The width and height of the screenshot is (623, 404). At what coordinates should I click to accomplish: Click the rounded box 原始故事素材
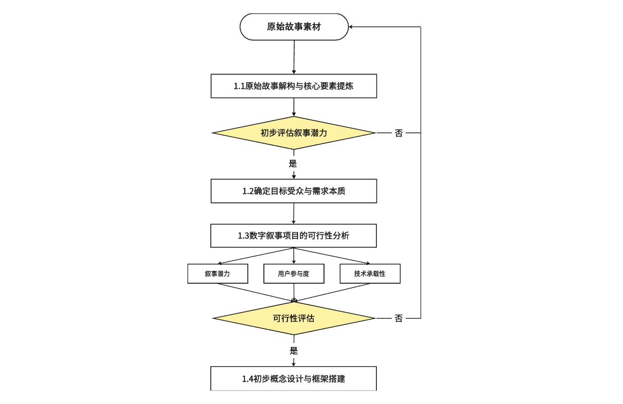tap(294, 27)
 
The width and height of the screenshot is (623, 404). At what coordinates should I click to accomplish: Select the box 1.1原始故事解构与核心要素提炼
tap(294, 86)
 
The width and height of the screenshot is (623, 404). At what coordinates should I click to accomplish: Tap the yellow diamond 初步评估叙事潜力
tap(294, 133)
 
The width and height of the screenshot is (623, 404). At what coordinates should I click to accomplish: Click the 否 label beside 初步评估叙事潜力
tap(399, 133)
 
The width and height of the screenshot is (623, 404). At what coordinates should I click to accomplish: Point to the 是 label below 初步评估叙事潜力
tap(293, 164)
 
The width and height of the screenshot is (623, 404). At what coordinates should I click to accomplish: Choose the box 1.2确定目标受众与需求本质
tap(294, 191)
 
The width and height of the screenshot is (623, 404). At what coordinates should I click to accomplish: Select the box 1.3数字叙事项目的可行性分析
tap(294, 236)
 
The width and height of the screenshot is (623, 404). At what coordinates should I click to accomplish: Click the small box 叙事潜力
tap(217, 274)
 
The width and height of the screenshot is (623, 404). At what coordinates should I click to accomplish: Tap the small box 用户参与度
tap(294, 274)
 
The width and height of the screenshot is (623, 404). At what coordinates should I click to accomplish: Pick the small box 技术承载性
tap(370, 274)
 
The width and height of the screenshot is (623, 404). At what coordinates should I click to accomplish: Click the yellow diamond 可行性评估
tap(294, 318)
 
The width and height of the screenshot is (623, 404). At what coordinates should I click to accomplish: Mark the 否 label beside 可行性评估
tap(399, 318)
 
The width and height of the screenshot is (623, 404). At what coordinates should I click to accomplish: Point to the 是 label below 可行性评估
tap(293, 350)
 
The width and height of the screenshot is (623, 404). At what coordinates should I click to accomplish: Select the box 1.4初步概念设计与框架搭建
tap(294, 379)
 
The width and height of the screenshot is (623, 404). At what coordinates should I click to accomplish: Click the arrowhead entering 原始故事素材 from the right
tap(351, 27)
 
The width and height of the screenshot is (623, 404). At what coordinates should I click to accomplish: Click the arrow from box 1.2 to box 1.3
tap(294, 214)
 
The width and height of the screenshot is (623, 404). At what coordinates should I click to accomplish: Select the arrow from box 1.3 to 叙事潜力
tap(255, 256)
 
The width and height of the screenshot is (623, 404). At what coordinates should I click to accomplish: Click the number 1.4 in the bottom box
tap(247, 379)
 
